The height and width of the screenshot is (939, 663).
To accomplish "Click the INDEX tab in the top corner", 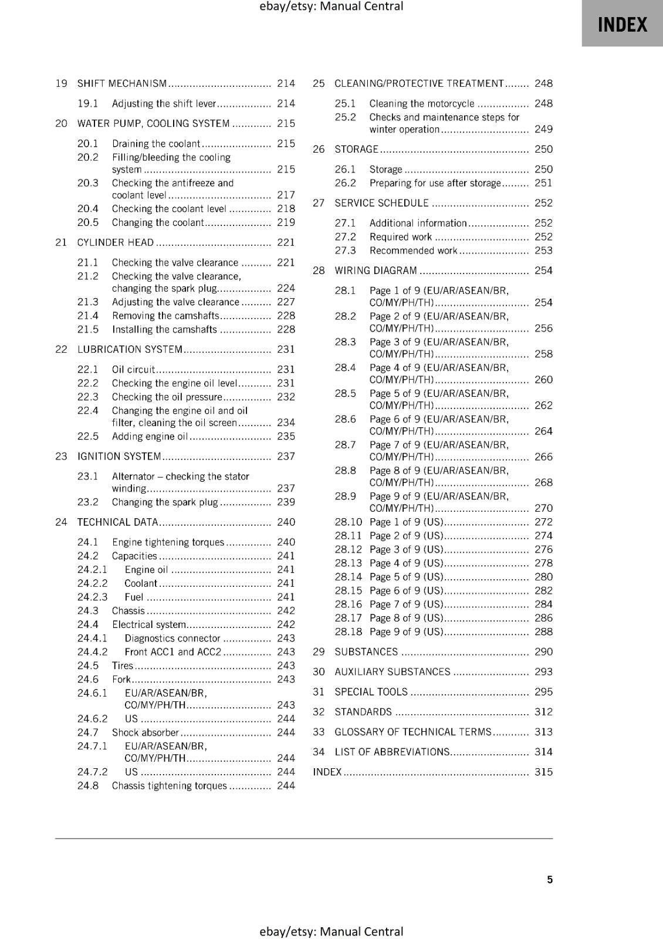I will coord(622,25).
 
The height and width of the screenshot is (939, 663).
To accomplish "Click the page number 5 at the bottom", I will coord(549,879).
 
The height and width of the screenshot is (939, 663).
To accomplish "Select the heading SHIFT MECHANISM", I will coord(122,83).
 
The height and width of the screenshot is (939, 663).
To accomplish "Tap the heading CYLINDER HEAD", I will coord(116,242).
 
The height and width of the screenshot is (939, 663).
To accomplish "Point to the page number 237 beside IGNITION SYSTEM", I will coord(286,456).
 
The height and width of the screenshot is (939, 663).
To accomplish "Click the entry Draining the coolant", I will coord(156,143).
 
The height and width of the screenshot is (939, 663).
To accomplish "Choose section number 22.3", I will coord(88,397).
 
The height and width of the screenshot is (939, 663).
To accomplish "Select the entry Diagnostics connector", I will coord(172,638).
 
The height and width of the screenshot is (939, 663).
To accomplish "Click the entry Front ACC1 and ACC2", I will coord(173,651).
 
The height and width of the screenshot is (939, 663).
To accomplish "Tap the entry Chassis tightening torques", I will coord(169,785).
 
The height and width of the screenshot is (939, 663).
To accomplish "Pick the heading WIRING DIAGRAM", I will coord(376,271).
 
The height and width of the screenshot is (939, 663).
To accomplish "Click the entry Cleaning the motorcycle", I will coord(421,103).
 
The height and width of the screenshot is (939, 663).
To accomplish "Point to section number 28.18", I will coord(348,631).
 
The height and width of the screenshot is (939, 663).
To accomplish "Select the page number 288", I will coord(543,631).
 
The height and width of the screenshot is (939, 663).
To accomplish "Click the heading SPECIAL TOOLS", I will coord(371,691).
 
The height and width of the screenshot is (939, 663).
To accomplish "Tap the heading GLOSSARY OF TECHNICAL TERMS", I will coord(412,731).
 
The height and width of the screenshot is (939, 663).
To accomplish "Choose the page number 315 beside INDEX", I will coord(543,772).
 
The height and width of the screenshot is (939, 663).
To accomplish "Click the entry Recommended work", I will coord(413,251).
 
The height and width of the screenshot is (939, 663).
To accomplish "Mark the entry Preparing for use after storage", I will coord(435,183).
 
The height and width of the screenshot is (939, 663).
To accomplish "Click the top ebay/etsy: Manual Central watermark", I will coord(331,6).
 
